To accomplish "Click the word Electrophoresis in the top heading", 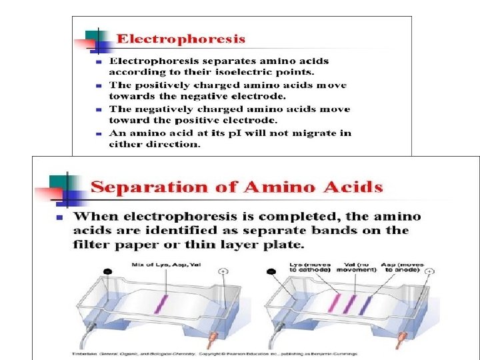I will [181, 39].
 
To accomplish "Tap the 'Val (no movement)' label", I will [358, 270].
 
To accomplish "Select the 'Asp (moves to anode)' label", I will [410, 270].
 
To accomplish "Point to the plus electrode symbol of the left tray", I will [222, 272].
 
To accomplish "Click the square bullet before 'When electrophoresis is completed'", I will [59, 218].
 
